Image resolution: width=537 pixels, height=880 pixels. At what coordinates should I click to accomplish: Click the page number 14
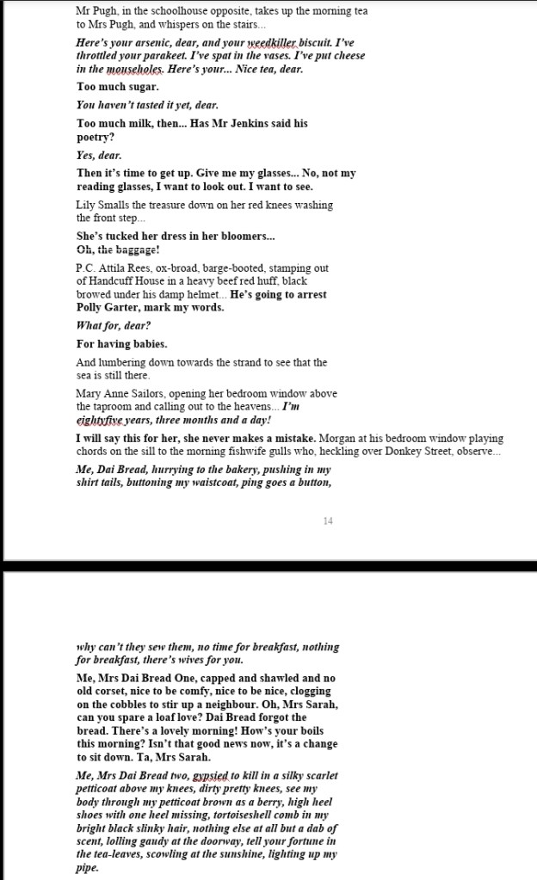tap(328, 521)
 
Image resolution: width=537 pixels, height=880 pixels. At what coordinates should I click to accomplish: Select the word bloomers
tap(250, 236)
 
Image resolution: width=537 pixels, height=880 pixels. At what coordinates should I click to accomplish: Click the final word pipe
tap(88, 868)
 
